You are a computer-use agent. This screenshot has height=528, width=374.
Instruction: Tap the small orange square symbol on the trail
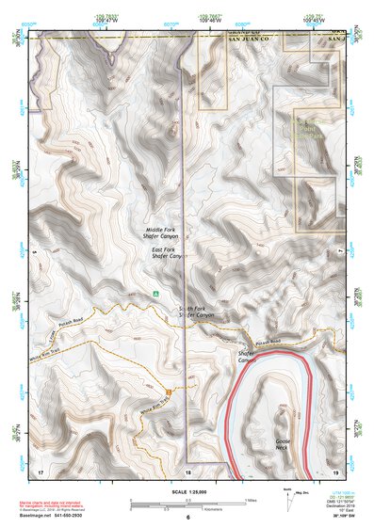pyautogui.click(x=170, y=390)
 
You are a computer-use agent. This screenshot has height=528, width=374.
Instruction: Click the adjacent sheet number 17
pyautogui.click(x=40, y=469)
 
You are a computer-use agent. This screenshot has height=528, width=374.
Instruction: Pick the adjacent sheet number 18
pyautogui.click(x=188, y=470)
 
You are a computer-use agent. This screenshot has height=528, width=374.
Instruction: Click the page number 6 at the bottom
pyautogui.click(x=188, y=518)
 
